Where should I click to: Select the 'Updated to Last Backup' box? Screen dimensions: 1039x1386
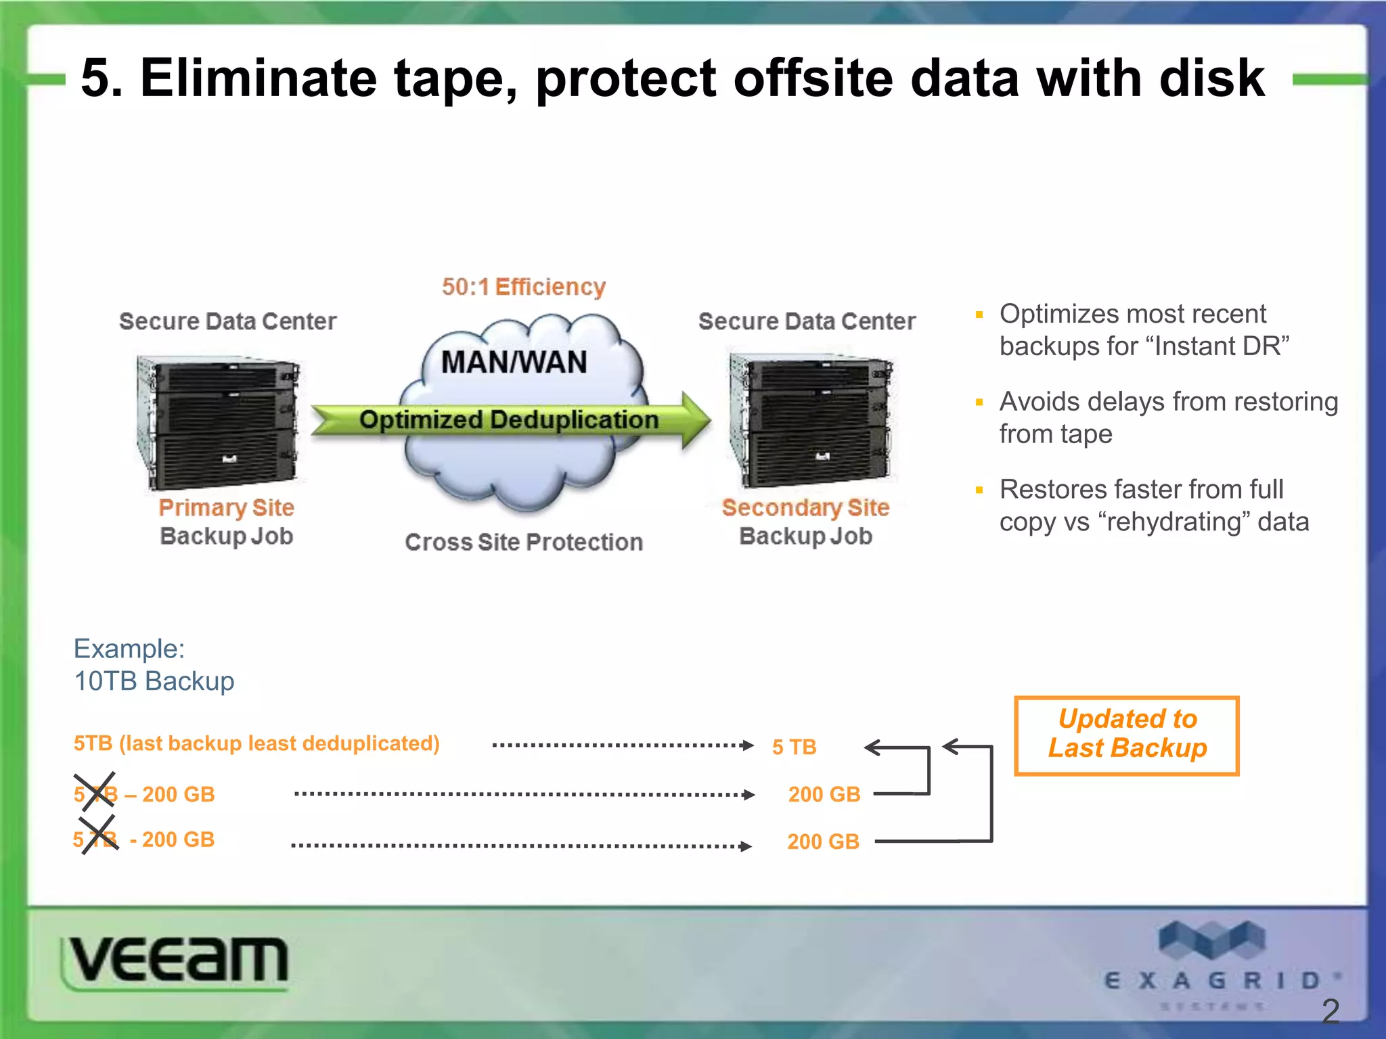1127,735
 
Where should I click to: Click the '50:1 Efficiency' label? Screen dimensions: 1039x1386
523,287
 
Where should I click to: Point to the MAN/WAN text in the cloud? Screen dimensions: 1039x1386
514,363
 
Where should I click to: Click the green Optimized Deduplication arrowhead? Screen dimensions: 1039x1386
694,419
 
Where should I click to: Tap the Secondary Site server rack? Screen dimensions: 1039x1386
810,419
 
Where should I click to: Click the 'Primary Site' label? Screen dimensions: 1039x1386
226,507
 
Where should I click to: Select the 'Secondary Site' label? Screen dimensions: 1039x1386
805,507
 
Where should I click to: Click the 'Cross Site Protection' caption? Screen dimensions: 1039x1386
523,542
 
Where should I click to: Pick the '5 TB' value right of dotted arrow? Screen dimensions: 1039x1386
794,747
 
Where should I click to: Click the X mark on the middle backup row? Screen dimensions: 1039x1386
95,792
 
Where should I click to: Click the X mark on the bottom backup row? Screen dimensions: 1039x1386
97,835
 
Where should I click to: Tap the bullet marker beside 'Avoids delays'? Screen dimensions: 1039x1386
979,402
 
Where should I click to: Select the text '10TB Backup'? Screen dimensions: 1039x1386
154,681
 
